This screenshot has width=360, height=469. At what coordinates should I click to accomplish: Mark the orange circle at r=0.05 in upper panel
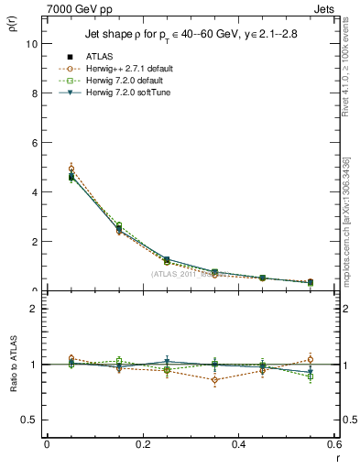click(x=71, y=169)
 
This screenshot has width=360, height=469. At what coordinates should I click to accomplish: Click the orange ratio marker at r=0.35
click(x=215, y=379)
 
